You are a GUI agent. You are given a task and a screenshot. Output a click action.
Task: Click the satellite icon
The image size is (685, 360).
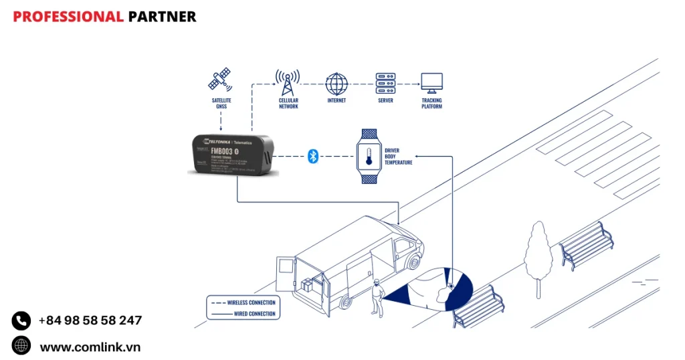(x=219, y=80)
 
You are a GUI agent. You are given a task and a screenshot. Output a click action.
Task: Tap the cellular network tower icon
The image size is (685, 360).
(x=288, y=82)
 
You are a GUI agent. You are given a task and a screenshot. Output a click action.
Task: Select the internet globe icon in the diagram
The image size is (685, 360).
(x=336, y=84)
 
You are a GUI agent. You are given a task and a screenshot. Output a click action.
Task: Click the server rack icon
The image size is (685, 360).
(x=385, y=84)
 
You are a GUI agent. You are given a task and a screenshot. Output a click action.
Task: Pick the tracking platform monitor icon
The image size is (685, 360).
(x=431, y=84)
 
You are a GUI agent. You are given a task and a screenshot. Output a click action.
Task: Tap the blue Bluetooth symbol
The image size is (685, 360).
(x=312, y=156)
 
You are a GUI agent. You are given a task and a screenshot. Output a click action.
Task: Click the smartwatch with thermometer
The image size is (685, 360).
(x=369, y=156)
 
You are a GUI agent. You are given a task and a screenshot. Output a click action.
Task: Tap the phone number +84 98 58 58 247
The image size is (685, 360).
(x=90, y=321)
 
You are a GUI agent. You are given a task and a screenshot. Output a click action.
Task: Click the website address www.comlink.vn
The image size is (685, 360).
(x=90, y=347)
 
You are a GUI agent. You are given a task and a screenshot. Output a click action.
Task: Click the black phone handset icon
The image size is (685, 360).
(x=21, y=321)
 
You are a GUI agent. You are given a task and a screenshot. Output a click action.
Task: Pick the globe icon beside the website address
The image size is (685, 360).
(x=21, y=346)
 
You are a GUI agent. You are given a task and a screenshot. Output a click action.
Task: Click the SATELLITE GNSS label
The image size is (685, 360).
(x=221, y=104)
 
